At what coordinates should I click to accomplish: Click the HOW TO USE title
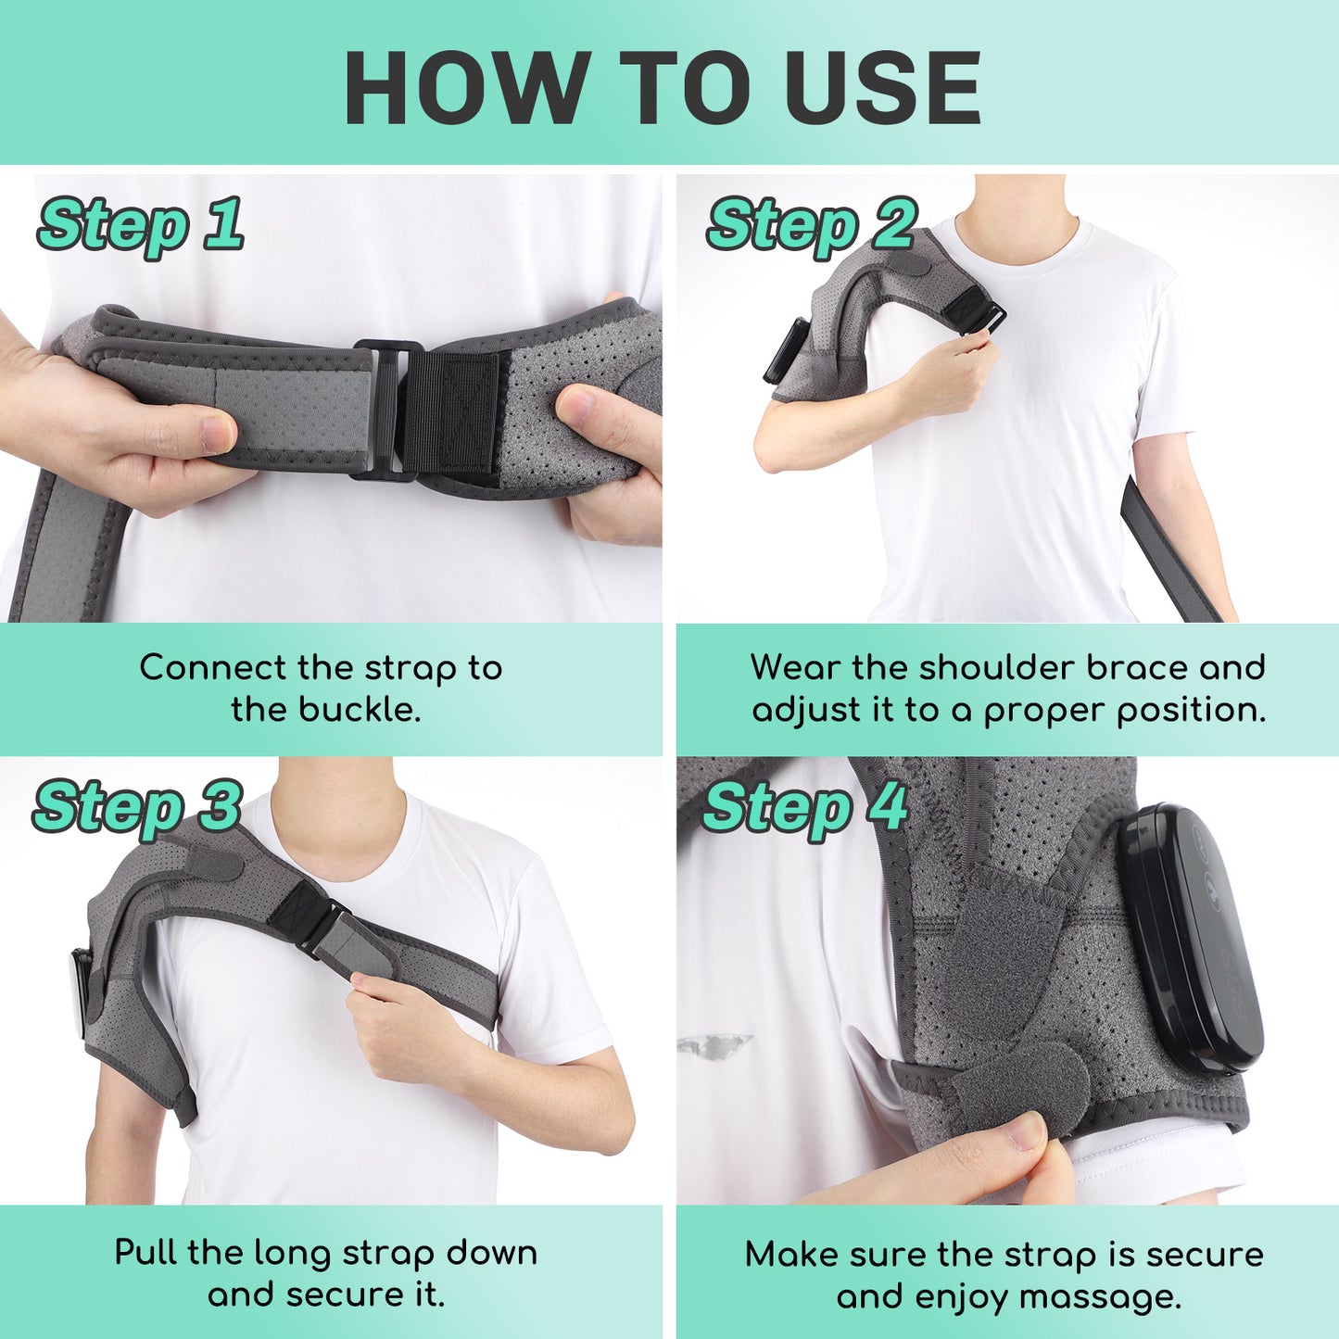coord(662,87)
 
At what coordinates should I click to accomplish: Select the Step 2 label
coord(811,225)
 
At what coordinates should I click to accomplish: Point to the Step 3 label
coord(137,807)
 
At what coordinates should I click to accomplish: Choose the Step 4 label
coord(804,807)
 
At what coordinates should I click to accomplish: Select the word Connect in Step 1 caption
coord(212,667)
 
